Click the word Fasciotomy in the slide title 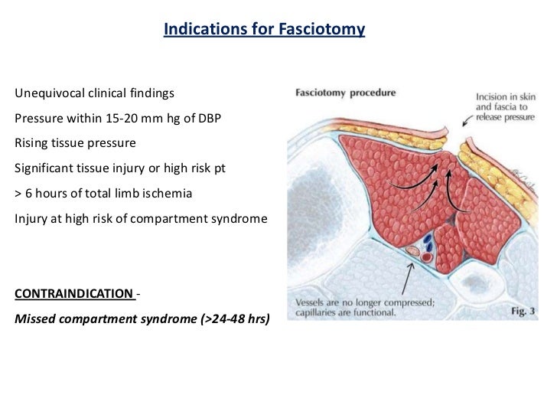pos(327,31)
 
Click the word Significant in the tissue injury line pos(44,168)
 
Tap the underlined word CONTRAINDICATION pos(73,293)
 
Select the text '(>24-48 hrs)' pos(234,318)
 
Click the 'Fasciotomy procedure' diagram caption pos(346,94)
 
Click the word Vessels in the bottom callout pos(305,302)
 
